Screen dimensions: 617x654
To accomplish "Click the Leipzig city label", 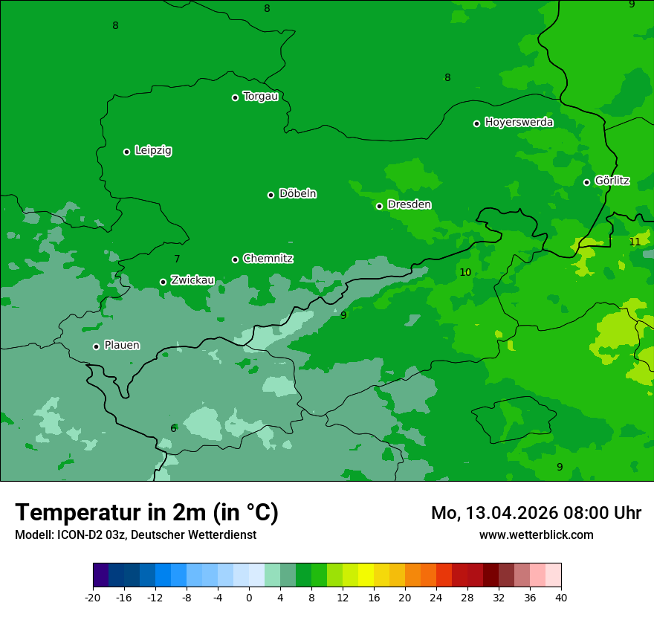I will [x=153, y=150].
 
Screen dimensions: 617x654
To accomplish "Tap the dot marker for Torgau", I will [x=235, y=97].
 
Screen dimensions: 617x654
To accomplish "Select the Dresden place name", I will [x=409, y=204].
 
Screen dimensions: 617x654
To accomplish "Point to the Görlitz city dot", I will [x=586, y=182].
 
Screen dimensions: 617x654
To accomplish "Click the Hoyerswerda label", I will [x=519, y=122].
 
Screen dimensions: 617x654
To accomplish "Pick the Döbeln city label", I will [x=297, y=193].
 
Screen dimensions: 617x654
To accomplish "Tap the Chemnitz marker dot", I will [x=235, y=259].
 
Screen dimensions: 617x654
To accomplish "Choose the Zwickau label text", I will [x=192, y=280].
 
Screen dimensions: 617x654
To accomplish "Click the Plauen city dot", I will [x=96, y=346].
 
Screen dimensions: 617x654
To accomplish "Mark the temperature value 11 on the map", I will [x=635, y=242].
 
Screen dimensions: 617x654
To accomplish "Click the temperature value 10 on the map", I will [x=465, y=272].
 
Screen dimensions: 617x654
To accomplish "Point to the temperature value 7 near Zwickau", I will [x=177, y=259].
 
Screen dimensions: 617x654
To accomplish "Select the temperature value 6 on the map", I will [x=173, y=428].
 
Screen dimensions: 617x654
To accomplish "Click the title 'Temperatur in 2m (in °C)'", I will [x=146, y=512].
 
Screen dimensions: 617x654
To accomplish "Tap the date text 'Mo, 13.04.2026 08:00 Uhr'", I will [x=536, y=513].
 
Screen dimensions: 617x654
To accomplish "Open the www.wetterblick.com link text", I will [x=536, y=534].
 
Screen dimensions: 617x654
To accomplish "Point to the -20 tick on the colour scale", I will [x=93, y=597].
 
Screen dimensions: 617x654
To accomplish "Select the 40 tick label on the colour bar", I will [x=561, y=597].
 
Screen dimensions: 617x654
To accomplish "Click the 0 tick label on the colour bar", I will [x=249, y=597].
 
